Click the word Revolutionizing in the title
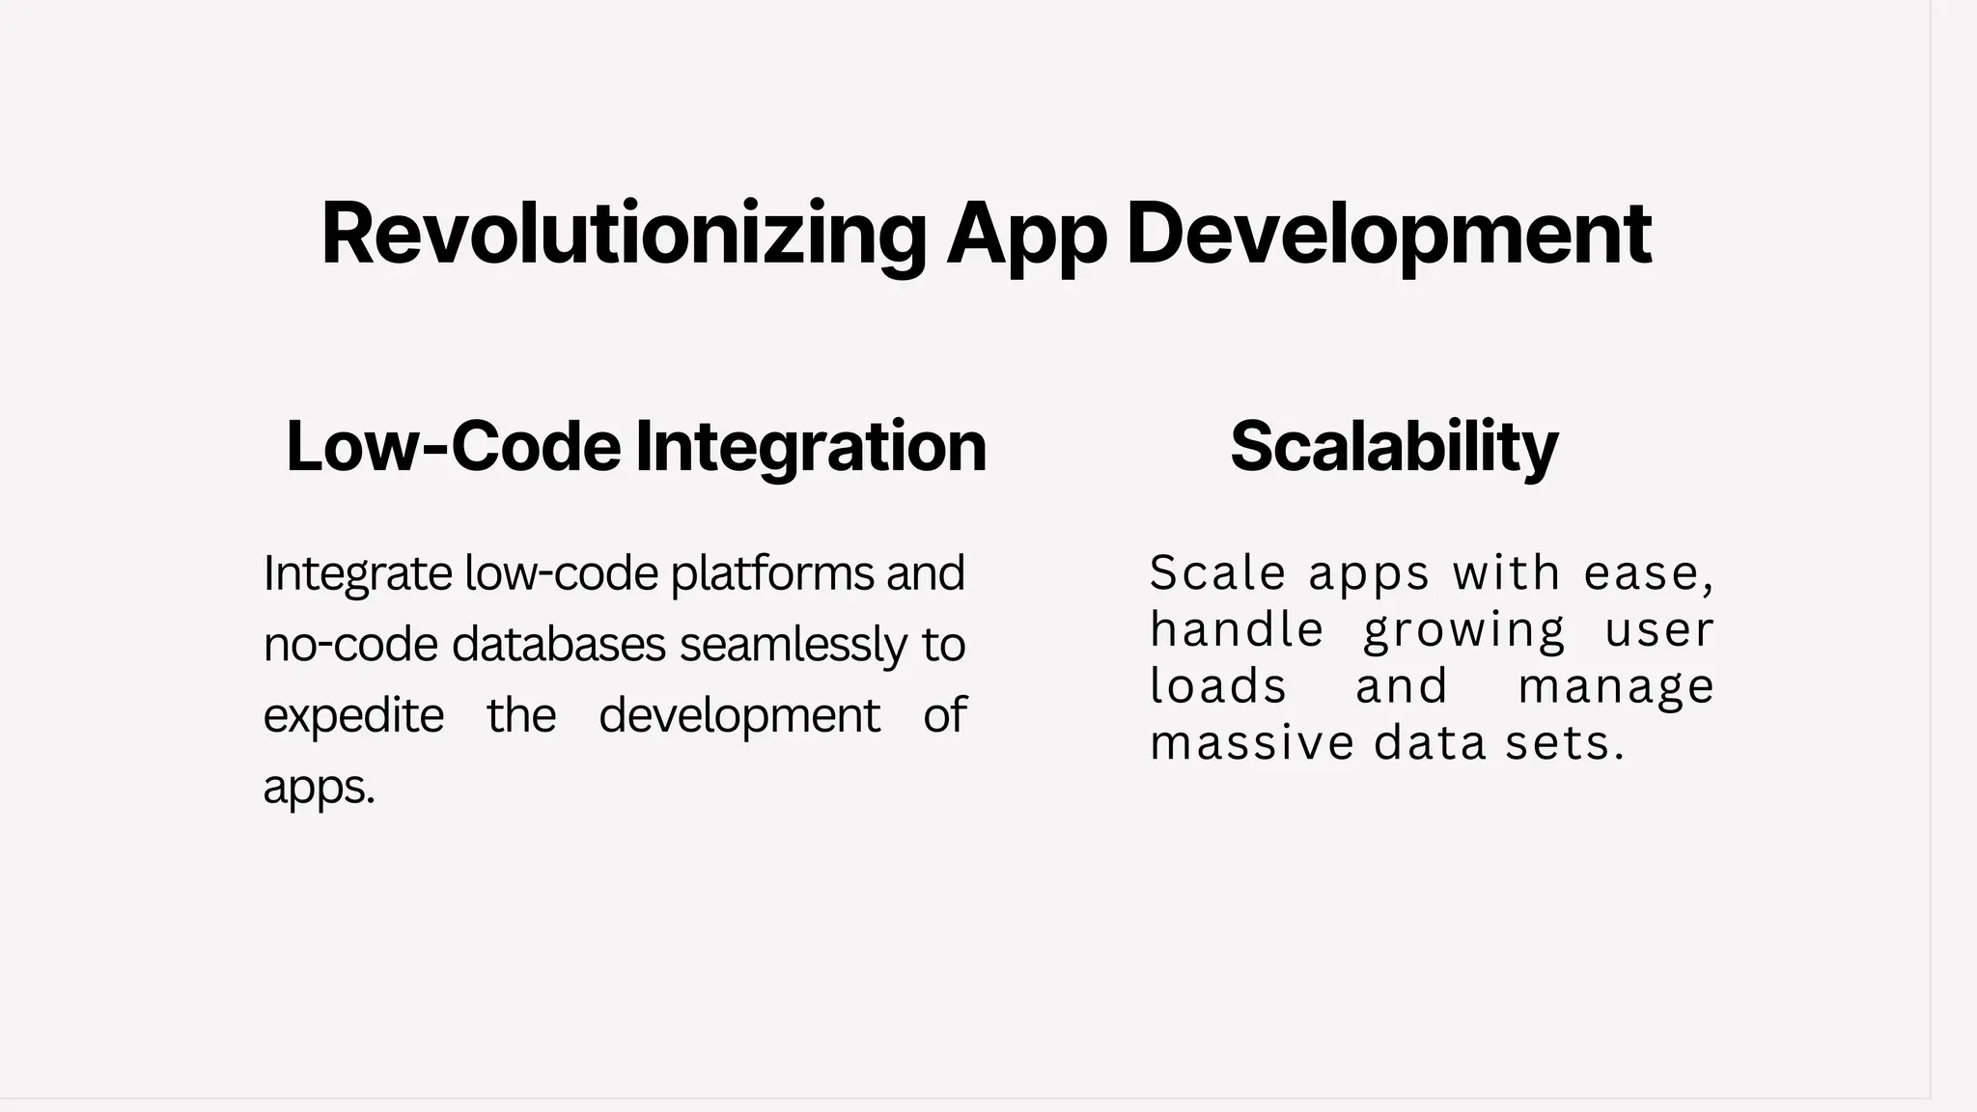(x=623, y=234)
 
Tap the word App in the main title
(x=1025, y=234)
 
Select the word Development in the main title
(x=1388, y=234)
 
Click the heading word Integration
(x=811, y=446)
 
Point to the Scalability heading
(x=1394, y=446)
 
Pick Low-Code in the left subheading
(x=454, y=446)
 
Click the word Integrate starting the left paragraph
(x=357, y=573)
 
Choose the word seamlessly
(x=794, y=645)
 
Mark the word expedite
(x=353, y=716)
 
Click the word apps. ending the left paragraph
(x=319, y=788)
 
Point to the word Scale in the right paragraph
(x=1217, y=573)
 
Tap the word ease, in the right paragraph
(x=1649, y=573)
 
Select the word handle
(x=1237, y=630)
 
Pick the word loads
(x=1218, y=686)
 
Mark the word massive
(x=1252, y=743)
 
